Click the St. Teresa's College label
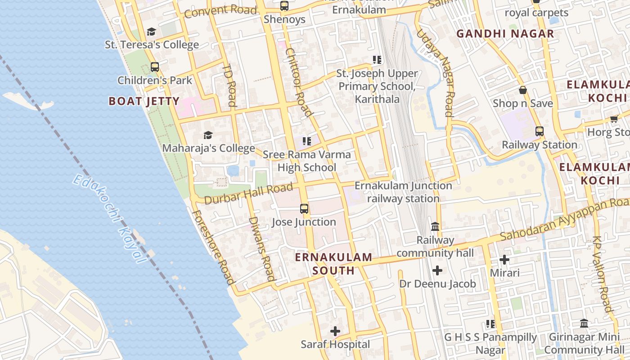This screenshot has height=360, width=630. (x=152, y=45)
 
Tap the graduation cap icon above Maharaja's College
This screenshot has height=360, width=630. (x=207, y=135)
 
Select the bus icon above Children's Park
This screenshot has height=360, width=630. (x=155, y=67)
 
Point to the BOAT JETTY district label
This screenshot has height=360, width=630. (x=144, y=101)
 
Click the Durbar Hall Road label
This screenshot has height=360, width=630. (x=248, y=193)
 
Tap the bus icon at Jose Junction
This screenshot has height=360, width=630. (x=304, y=209)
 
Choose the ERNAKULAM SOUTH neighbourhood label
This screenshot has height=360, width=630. (x=333, y=264)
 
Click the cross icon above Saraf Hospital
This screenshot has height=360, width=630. (x=335, y=332)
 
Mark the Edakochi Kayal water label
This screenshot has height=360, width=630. (x=110, y=218)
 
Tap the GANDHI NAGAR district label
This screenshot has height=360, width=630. (x=505, y=34)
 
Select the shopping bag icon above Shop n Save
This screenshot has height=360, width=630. (x=523, y=90)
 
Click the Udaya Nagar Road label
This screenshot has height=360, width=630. (x=435, y=72)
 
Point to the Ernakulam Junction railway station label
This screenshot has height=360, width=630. (x=403, y=192)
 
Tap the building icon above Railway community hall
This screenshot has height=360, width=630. (x=435, y=226)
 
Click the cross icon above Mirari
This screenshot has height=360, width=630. (x=504, y=260)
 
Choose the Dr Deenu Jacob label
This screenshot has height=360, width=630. (x=437, y=284)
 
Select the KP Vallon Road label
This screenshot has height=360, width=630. (x=603, y=274)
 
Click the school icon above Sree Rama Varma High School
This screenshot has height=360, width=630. (x=307, y=141)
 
